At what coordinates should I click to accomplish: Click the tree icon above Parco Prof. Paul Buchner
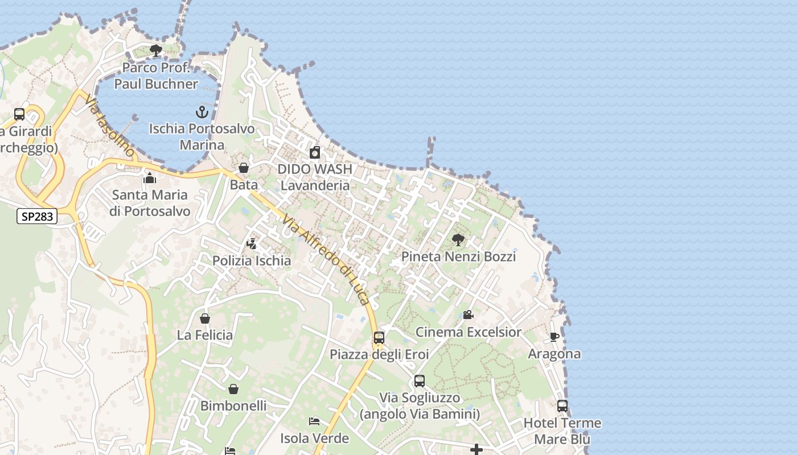[x=156, y=51]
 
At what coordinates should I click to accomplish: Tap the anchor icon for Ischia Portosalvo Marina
[x=202, y=111]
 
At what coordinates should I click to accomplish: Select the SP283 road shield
[x=37, y=216]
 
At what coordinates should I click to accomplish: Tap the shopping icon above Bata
[x=244, y=168]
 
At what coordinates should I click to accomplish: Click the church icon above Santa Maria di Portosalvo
[x=150, y=178]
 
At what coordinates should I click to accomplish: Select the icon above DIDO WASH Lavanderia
[x=314, y=152]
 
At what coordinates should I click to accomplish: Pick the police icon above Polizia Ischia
[x=251, y=244]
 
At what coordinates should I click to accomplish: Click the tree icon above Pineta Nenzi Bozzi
[x=458, y=239]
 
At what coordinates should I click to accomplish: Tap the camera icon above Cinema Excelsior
[x=468, y=315]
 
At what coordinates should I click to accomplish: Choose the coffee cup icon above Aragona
[x=554, y=337]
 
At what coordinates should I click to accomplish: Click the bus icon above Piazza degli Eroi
[x=379, y=338]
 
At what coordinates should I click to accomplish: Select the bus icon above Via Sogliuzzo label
[x=420, y=381]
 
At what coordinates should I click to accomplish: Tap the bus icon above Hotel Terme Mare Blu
[x=562, y=406]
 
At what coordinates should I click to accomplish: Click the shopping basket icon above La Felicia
[x=205, y=318]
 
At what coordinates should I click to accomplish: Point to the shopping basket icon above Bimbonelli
[x=233, y=389]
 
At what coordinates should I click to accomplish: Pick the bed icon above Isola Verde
[x=314, y=421]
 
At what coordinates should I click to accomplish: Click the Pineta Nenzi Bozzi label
[x=458, y=257]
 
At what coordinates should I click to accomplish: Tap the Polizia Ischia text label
[x=252, y=261]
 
